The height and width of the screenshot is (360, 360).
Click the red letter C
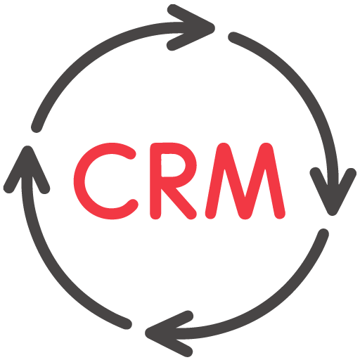[x=79, y=181]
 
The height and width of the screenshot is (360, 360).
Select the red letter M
[x=245, y=181]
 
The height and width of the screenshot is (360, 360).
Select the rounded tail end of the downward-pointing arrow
[x=233, y=37]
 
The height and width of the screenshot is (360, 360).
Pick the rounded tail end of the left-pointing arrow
[x=323, y=233]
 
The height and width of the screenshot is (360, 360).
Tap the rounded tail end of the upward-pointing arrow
[x=127, y=323]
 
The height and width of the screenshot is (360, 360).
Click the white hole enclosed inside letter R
[x=173, y=165]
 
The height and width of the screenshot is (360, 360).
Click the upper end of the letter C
[x=131, y=154]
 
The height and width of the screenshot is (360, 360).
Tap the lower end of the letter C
[x=133, y=205]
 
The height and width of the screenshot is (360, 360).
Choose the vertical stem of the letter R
[x=155, y=181]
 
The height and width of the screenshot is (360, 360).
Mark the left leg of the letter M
[x=217, y=181]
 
